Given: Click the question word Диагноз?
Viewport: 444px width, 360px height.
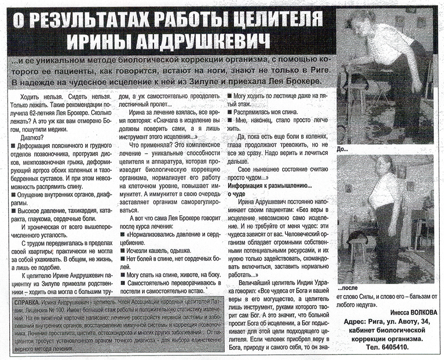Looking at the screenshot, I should coord(33,137).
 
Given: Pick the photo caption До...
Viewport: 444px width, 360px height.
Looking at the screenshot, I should coord(342,149).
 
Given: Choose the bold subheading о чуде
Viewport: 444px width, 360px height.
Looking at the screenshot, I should coord(236,194).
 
